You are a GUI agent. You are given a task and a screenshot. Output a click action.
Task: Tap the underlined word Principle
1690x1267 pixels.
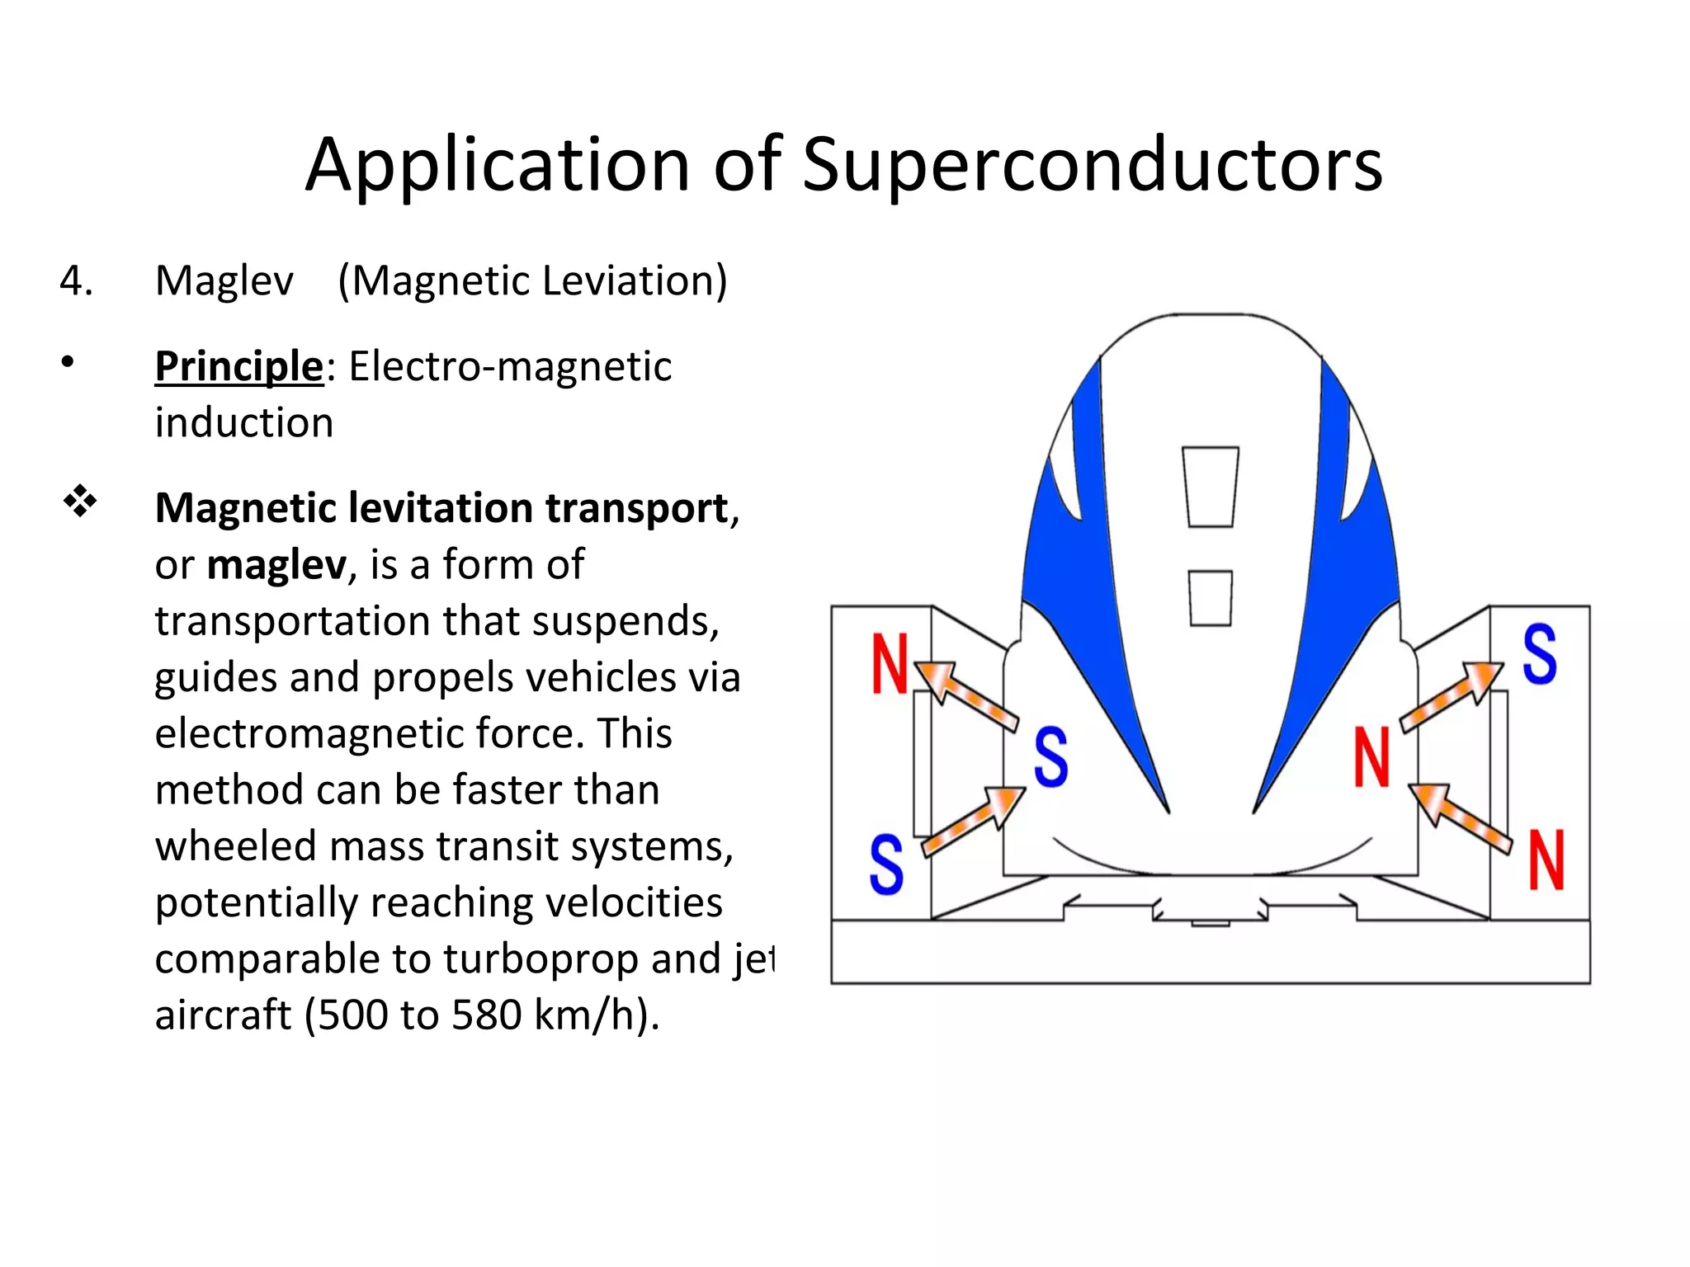click(x=238, y=367)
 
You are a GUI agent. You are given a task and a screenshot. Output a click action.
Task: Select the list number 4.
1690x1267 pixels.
click(x=76, y=281)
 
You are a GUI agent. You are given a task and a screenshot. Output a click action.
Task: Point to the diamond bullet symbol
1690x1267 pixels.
click(x=80, y=501)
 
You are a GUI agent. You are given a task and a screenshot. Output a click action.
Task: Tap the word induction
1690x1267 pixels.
click(x=244, y=423)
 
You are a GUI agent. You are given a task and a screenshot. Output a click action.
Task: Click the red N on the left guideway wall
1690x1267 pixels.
click(x=890, y=664)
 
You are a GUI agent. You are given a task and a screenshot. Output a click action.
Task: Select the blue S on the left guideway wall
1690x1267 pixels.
click(x=886, y=864)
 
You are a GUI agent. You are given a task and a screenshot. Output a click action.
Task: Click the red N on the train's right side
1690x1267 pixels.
click(x=1371, y=757)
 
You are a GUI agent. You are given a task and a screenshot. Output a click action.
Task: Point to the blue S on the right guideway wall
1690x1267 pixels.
click(x=1540, y=654)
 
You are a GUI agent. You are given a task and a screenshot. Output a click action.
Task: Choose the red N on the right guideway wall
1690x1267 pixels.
click(x=1546, y=860)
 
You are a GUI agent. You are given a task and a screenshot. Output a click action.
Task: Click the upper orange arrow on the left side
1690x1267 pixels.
click(x=966, y=695)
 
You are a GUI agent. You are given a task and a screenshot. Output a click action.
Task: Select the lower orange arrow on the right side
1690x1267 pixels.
click(x=1459, y=817)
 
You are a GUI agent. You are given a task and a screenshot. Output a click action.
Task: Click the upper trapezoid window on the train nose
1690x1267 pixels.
click(x=1211, y=487)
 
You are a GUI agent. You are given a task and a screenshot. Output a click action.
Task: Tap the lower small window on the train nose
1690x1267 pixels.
click(x=1211, y=598)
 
